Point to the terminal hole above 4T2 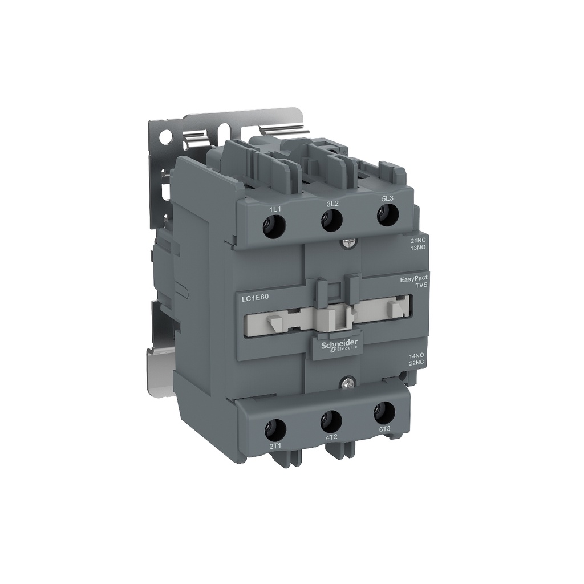(330, 421)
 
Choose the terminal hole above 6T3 (383, 412)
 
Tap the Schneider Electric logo (339, 345)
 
